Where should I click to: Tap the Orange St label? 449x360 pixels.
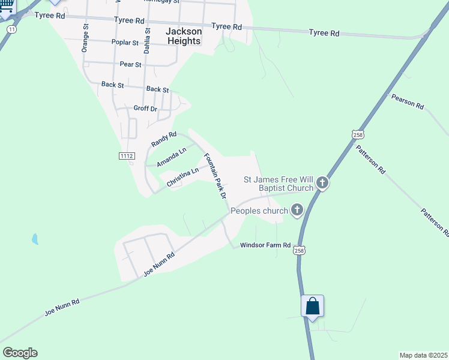[x=85, y=38]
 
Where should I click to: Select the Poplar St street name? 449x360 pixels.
[x=125, y=43]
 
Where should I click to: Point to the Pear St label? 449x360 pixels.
[x=130, y=64]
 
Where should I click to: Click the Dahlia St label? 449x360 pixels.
[x=146, y=43]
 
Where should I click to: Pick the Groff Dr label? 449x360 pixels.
[x=145, y=109]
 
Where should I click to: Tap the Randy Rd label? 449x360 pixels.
[x=164, y=140]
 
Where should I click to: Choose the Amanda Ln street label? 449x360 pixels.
[x=172, y=157]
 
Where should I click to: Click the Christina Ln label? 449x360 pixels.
[x=182, y=177]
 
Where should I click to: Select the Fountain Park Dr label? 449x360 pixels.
[x=214, y=176]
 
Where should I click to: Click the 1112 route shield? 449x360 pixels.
[x=126, y=156]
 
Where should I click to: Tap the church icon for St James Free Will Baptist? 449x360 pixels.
[x=322, y=182]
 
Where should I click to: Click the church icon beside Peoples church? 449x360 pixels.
[x=296, y=210]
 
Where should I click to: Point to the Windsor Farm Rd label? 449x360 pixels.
[x=265, y=245]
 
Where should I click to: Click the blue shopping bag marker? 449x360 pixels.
[x=313, y=306]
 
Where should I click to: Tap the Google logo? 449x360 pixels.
[x=20, y=353]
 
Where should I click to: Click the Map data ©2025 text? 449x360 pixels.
[x=423, y=355]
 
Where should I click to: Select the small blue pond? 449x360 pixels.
[x=35, y=239]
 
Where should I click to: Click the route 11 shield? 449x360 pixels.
[x=11, y=28]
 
